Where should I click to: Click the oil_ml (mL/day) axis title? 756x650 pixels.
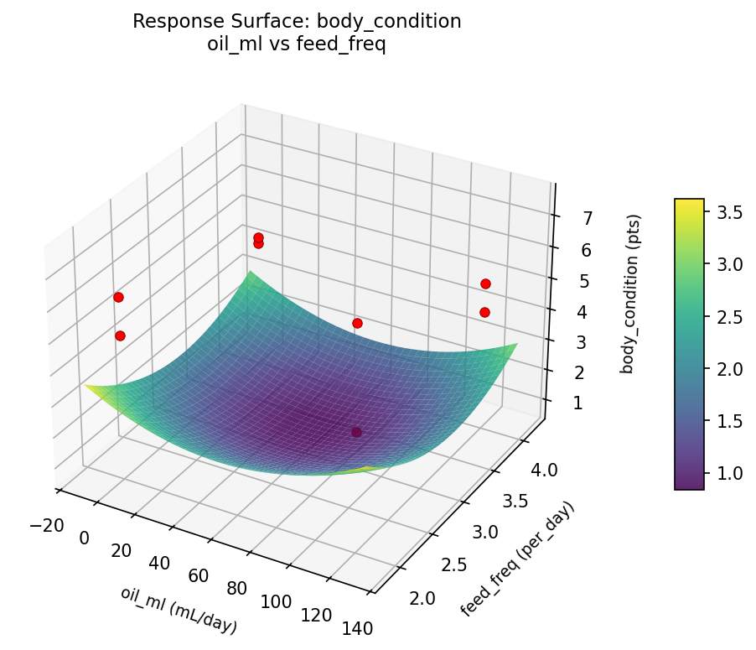coord(178,610)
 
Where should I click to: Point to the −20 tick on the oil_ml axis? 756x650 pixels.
coord(46,525)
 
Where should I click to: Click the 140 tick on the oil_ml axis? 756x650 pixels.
coord(355,627)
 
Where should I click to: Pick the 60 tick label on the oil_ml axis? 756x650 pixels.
coord(198,575)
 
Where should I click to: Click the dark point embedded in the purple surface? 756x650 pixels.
coord(357,432)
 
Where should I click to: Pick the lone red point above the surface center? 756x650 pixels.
coord(357,323)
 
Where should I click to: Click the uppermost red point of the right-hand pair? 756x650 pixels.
coord(485,283)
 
